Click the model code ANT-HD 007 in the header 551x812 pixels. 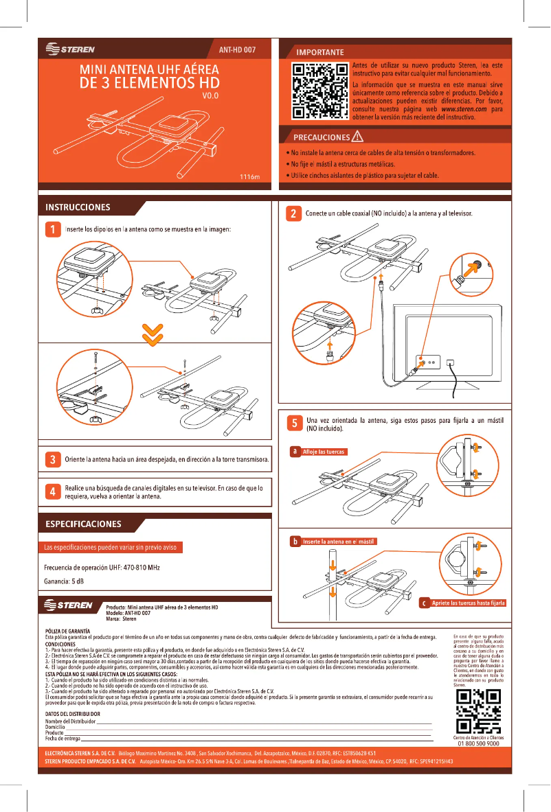click(x=237, y=49)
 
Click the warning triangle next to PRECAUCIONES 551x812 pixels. click(x=357, y=136)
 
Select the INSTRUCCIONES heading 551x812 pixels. click(x=78, y=207)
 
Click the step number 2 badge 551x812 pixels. click(x=293, y=213)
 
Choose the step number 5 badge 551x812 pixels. click(x=293, y=424)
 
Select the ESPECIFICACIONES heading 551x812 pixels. click(x=83, y=524)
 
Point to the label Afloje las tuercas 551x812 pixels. click(x=323, y=452)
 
